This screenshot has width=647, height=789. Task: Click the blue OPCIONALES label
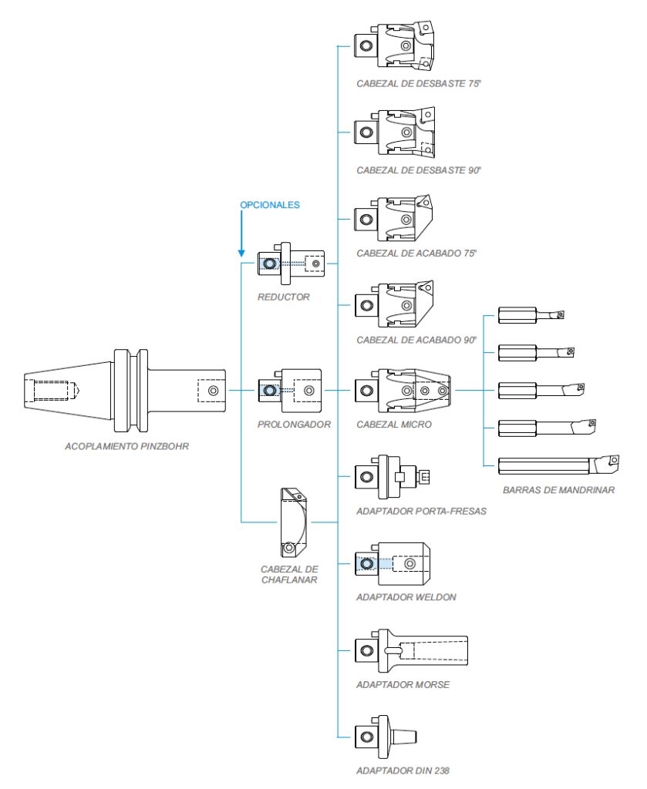click(x=269, y=205)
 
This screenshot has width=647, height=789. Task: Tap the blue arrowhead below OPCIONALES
click(x=241, y=252)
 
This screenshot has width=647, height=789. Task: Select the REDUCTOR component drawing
click(x=291, y=264)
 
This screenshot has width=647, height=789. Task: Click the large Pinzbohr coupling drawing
click(x=125, y=391)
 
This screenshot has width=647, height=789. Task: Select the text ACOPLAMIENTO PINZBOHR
click(x=127, y=445)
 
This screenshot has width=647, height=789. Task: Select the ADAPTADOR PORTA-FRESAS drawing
click(x=391, y=477)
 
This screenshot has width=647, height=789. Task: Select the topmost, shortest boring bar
click(x=531, y=315)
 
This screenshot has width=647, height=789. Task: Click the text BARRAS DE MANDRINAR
click(x=558, y=489)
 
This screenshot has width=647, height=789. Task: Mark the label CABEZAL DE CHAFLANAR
click(x=289, y=574)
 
